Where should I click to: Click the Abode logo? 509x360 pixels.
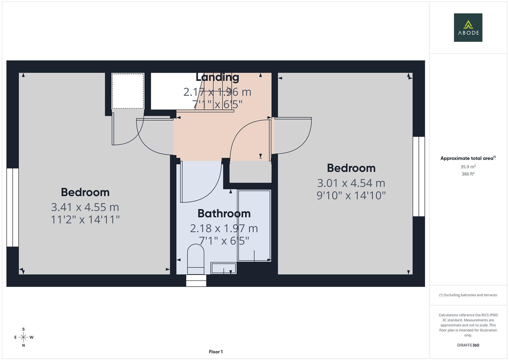[x=468, y=28]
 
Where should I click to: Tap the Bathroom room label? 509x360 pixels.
[x=224, y=213]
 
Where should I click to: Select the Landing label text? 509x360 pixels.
[x=217, y=77]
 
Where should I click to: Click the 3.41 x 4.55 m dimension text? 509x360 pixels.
[x=85, y=207]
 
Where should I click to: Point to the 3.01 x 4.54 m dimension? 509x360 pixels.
[x=351, y=183]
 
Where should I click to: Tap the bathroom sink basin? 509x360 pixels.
[x=223, y=268]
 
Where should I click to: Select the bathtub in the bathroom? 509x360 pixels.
[x=254, y=226]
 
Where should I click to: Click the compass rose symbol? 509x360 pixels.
[x=23, y=337]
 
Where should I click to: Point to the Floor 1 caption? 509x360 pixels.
[x=216, y=352]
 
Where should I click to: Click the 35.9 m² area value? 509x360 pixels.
[x=468, y=167]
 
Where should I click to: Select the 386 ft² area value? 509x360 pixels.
[x=468, y=174]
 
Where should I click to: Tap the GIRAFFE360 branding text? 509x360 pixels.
[x=468, y=345]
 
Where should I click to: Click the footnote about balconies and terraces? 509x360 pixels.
[x=468, y=295]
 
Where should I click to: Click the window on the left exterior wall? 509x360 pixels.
[x=13, y=207]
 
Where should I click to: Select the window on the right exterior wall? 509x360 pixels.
[x=419, y=177]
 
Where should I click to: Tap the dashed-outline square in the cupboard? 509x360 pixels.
[x=128, y=91]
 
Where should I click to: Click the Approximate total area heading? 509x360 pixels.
[x=468, y=158]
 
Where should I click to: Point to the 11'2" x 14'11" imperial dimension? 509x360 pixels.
[x=85, y=220]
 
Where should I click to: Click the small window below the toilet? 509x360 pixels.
[x=196, y=280]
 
